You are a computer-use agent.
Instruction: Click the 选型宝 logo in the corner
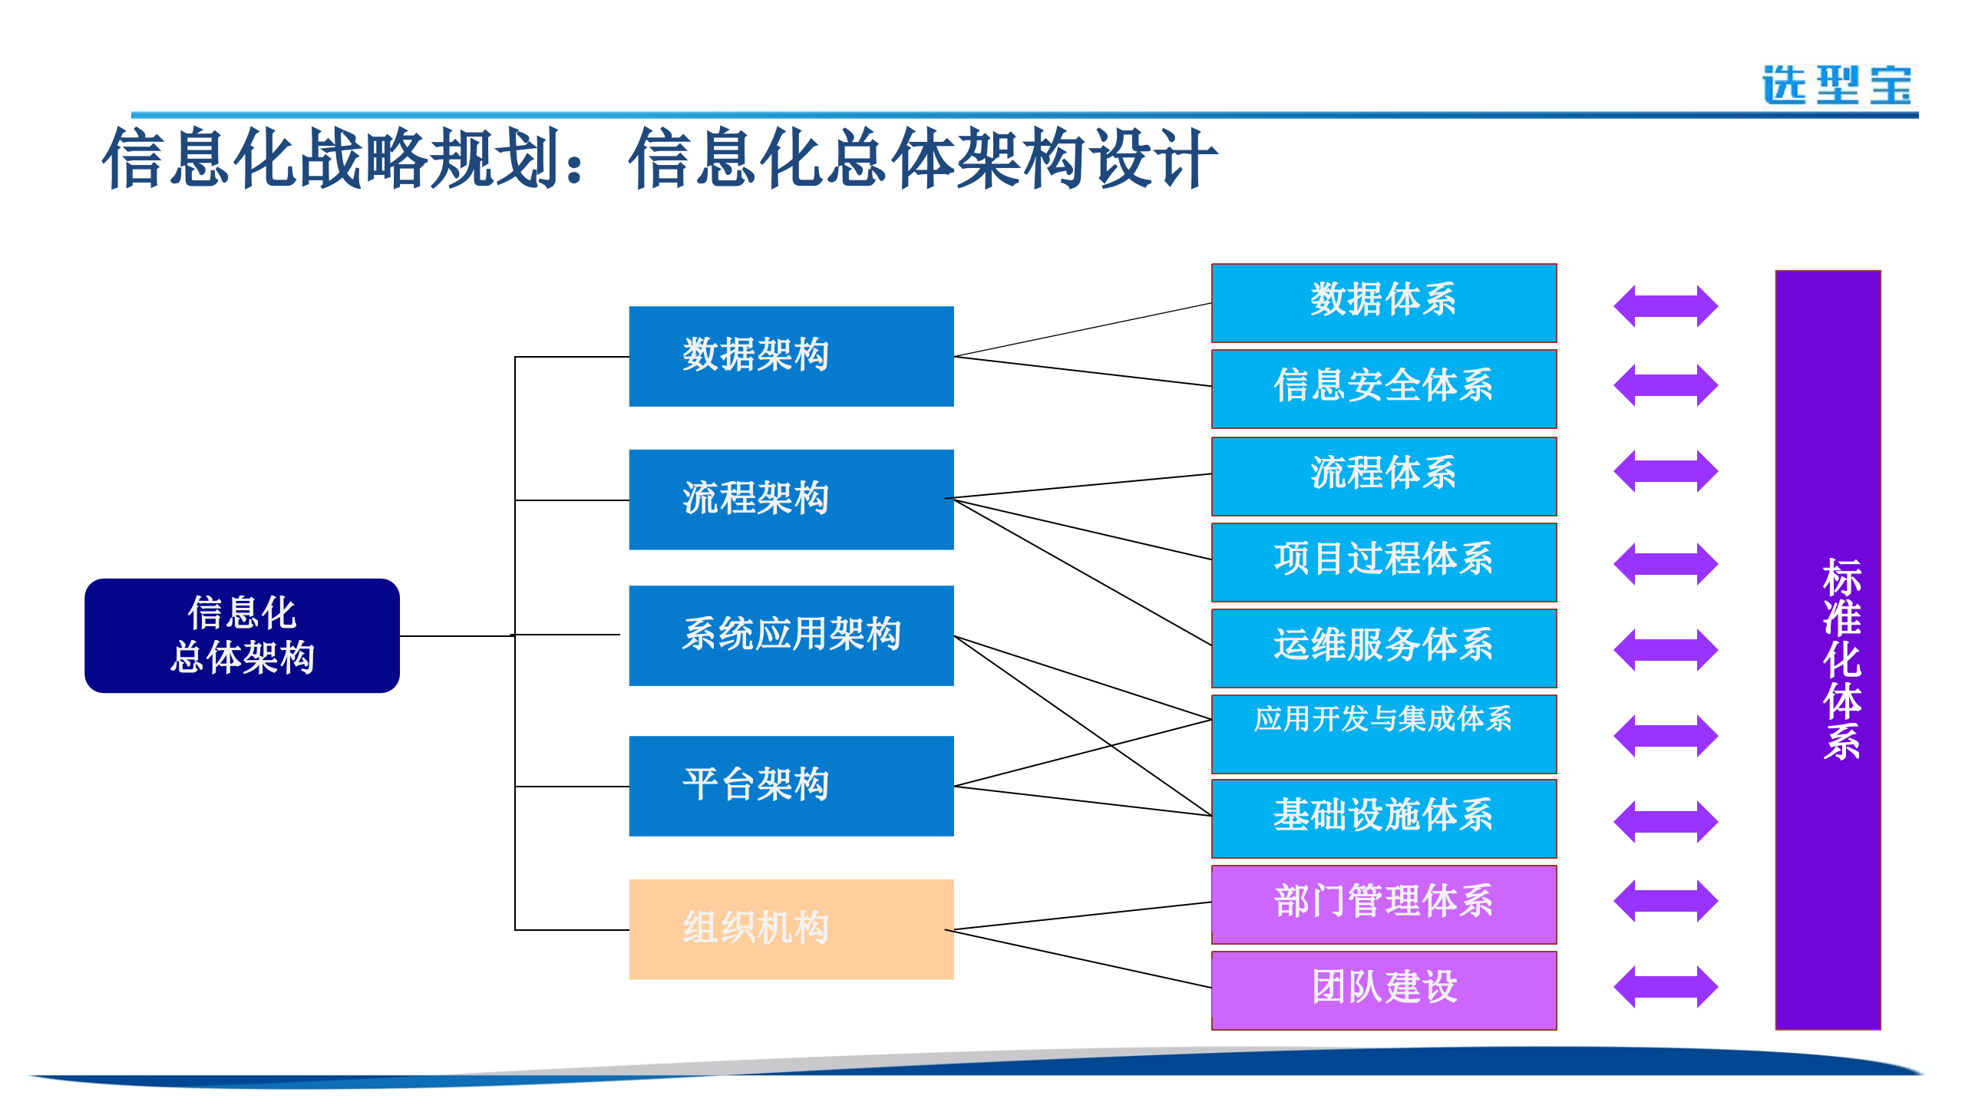[x=1837, y=85]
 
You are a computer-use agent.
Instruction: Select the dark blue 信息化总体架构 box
[x=242, y=635]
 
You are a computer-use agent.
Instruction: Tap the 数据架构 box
[x=791, y=356]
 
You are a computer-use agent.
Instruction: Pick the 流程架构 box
[x=791, y=500]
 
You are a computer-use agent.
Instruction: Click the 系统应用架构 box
[x=791, y=635]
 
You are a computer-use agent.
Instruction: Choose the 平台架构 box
[x=791, y=786]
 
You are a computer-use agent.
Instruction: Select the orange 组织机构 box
[x=791, y=929]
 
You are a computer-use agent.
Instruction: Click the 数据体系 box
[x=1383, y=303]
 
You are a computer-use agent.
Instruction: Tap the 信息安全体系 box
[x=1383, y=388]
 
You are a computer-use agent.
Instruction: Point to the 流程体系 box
[x=1383, y=476]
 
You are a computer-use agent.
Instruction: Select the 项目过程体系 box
[x=1383, y=562]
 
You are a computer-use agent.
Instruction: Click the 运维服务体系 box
[x=1383, y=648]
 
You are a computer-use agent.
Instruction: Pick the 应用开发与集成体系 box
[x=1383, y=734]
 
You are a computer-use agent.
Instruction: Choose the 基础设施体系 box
[x=1383, y=818]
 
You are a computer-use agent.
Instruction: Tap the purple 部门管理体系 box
[x=1383, y=904]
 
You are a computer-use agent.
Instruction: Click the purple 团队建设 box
[x=1383, y=990]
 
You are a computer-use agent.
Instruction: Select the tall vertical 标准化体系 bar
[x=1827, y=649]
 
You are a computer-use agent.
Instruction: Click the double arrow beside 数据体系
[x=1665, y=306]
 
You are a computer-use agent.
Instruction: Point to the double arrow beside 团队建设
[x=1665, y=987]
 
